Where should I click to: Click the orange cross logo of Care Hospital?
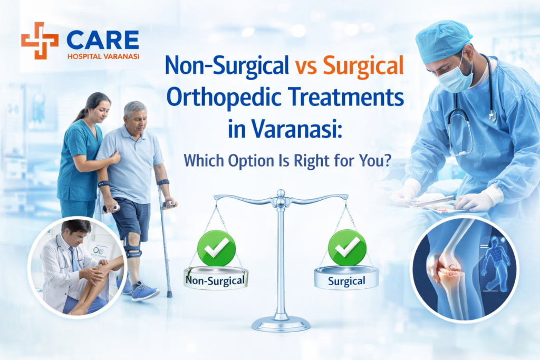coord(40,40)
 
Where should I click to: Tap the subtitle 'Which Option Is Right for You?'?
coord(286,159)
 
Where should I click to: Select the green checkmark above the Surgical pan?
coord(346,247)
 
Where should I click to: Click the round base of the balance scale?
coord(281,323)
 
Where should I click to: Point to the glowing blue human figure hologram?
coord(495,258)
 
